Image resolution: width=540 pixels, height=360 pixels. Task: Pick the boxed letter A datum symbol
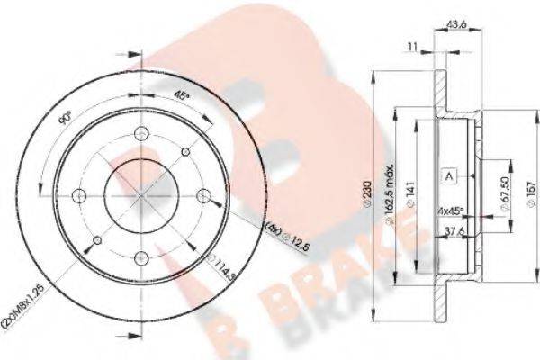[448, 177]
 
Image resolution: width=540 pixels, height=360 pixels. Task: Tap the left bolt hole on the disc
[79, 197]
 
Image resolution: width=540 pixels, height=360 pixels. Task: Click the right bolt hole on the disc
[203, 197]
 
